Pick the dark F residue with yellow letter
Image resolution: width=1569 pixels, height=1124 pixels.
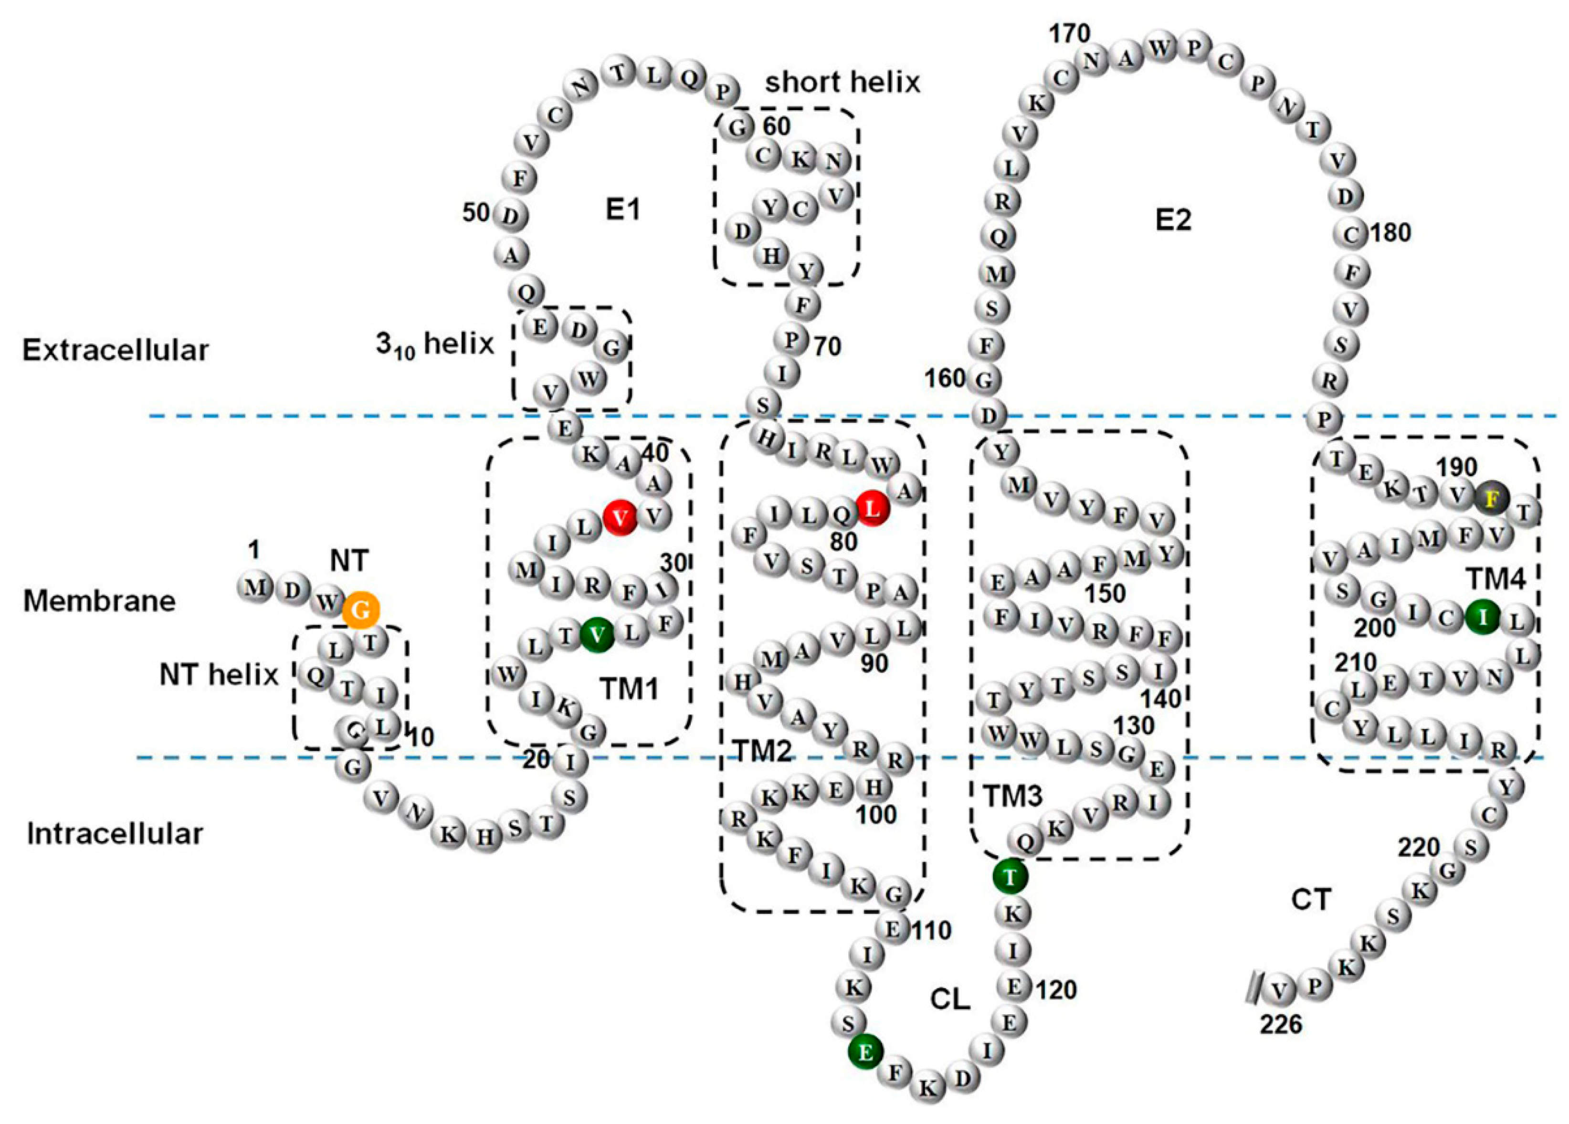coord(1492,498)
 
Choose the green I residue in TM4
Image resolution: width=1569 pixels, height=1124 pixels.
coord(1482,618)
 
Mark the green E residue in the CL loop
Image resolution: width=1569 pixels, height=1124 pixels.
coord(865,1052)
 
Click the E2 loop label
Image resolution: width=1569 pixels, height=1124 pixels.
coord(1174,221)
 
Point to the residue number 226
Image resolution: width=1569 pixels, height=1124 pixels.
coord(1281,1024)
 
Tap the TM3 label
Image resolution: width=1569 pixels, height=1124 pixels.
coord(1013,797)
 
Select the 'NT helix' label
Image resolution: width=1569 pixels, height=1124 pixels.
coord(219,674)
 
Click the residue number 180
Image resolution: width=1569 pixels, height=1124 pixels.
coord(1390,233)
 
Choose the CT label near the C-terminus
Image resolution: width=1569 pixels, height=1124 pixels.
coord(1311,900)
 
